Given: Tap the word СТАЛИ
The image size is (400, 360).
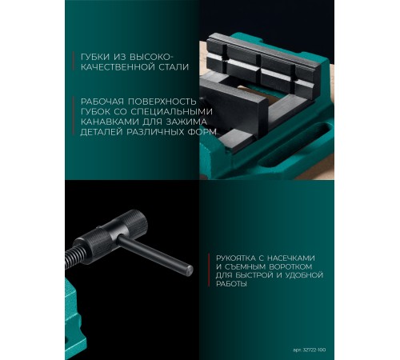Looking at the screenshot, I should tap(173, 69).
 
